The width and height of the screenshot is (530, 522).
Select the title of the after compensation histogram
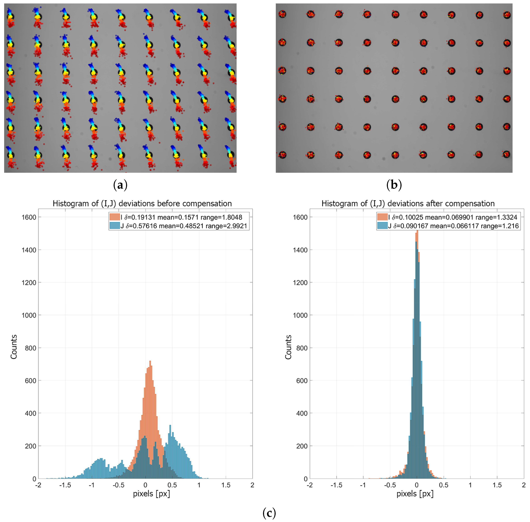(x=408, y=203)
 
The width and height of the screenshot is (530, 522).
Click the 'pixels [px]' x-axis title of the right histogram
(x=415, y=494)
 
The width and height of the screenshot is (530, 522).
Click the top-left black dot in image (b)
(x=282, y=14)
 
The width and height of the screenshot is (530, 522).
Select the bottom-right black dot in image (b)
(x=507, y=154)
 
